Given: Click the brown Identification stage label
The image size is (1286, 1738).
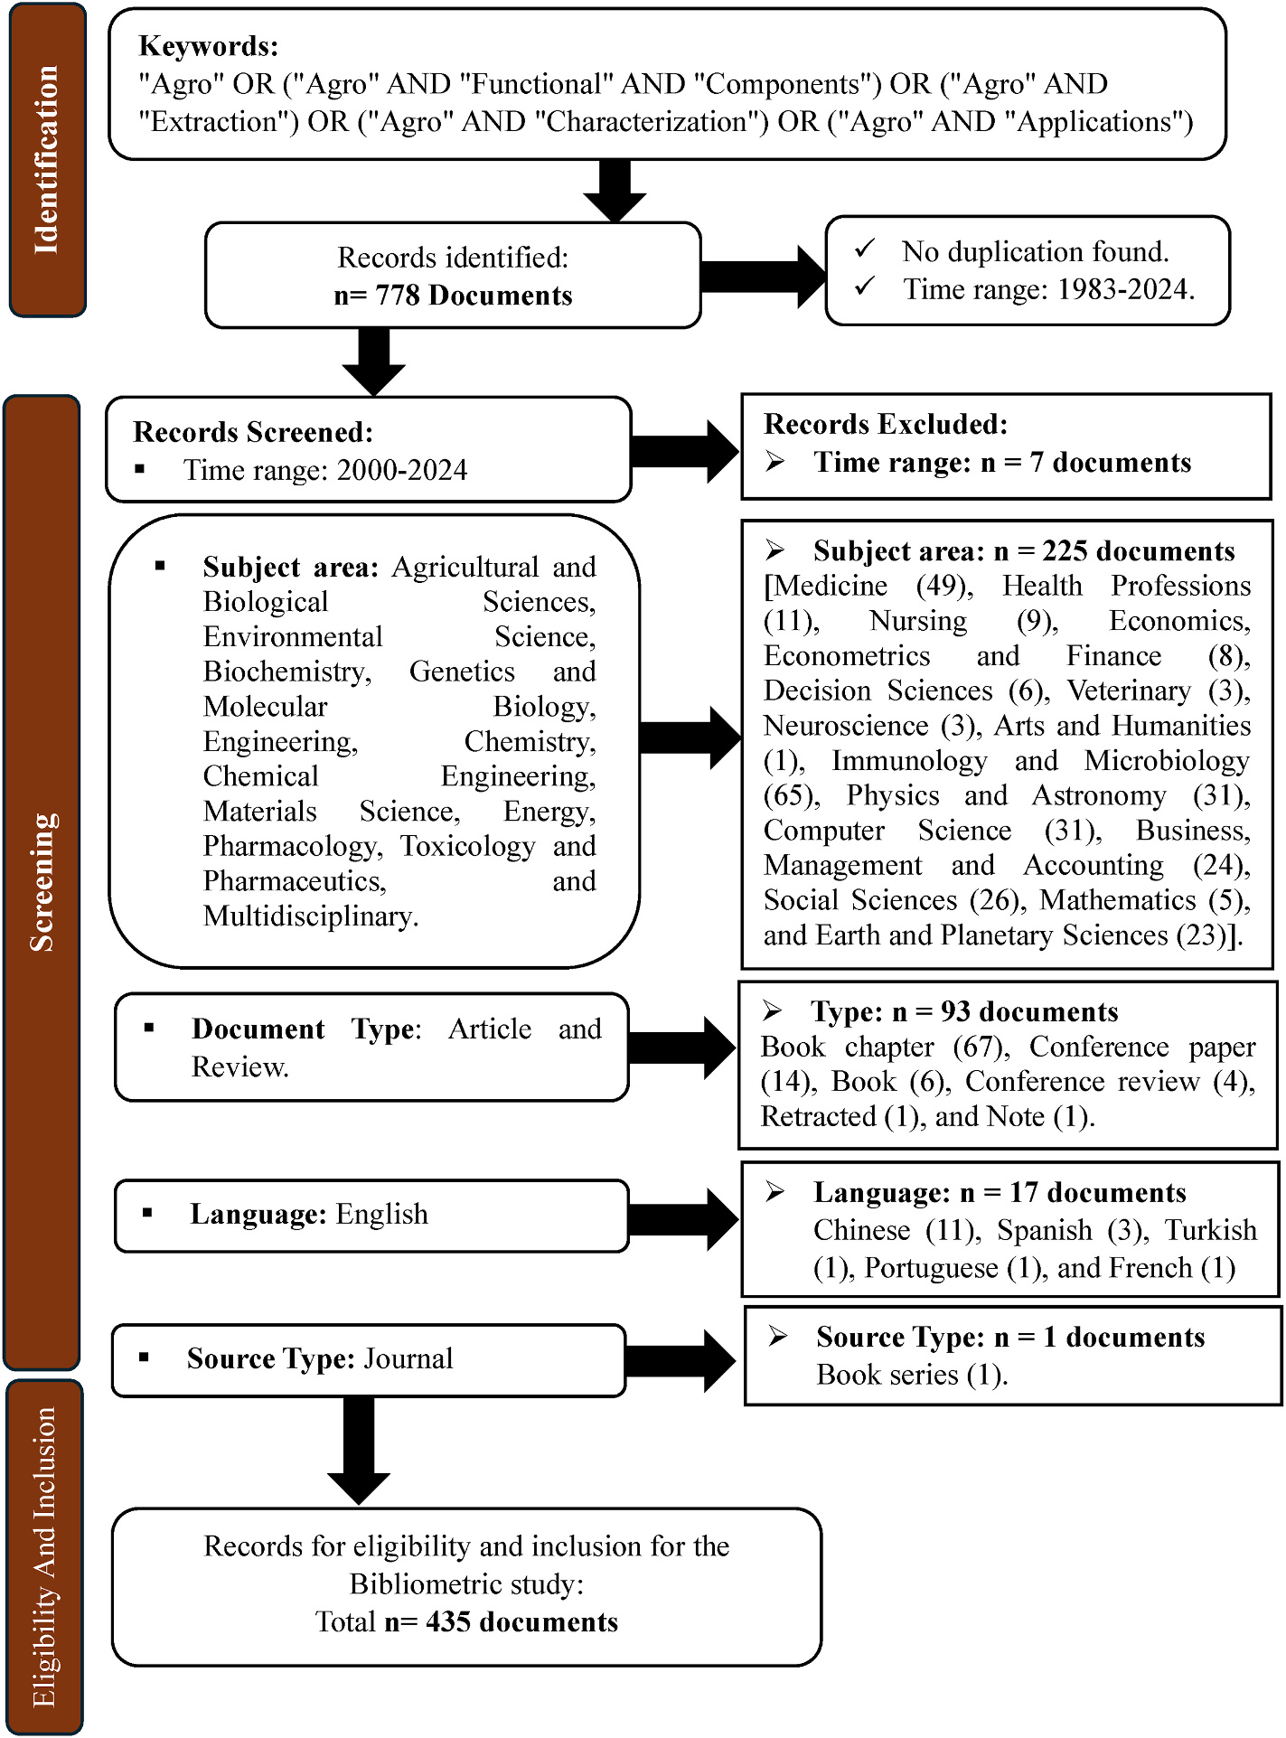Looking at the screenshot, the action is [47, 160].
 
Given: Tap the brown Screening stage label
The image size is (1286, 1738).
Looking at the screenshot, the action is [42, 882].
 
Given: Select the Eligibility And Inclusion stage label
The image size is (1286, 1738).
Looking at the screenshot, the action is [44, 1556].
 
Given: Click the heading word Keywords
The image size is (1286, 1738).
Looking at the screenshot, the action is [209, 46].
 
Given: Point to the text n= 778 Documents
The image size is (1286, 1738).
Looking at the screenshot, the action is [453, 296].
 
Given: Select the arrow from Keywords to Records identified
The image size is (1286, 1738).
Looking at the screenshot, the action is [615, 191].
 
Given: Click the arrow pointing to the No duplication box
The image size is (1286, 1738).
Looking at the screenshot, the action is [764, 276].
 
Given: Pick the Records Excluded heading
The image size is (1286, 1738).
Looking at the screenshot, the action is [886, 424].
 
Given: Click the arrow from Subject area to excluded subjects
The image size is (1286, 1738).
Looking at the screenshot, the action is [690, 738].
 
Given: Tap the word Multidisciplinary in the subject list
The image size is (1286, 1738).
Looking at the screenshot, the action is [310, 916].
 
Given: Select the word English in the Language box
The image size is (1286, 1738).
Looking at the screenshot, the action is [381, 1214].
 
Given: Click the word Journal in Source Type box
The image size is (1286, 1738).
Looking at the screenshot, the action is [408, 1358].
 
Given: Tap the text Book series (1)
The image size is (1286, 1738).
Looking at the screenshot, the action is [911, 1375].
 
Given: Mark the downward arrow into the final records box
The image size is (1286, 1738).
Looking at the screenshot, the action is [359, 1450].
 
